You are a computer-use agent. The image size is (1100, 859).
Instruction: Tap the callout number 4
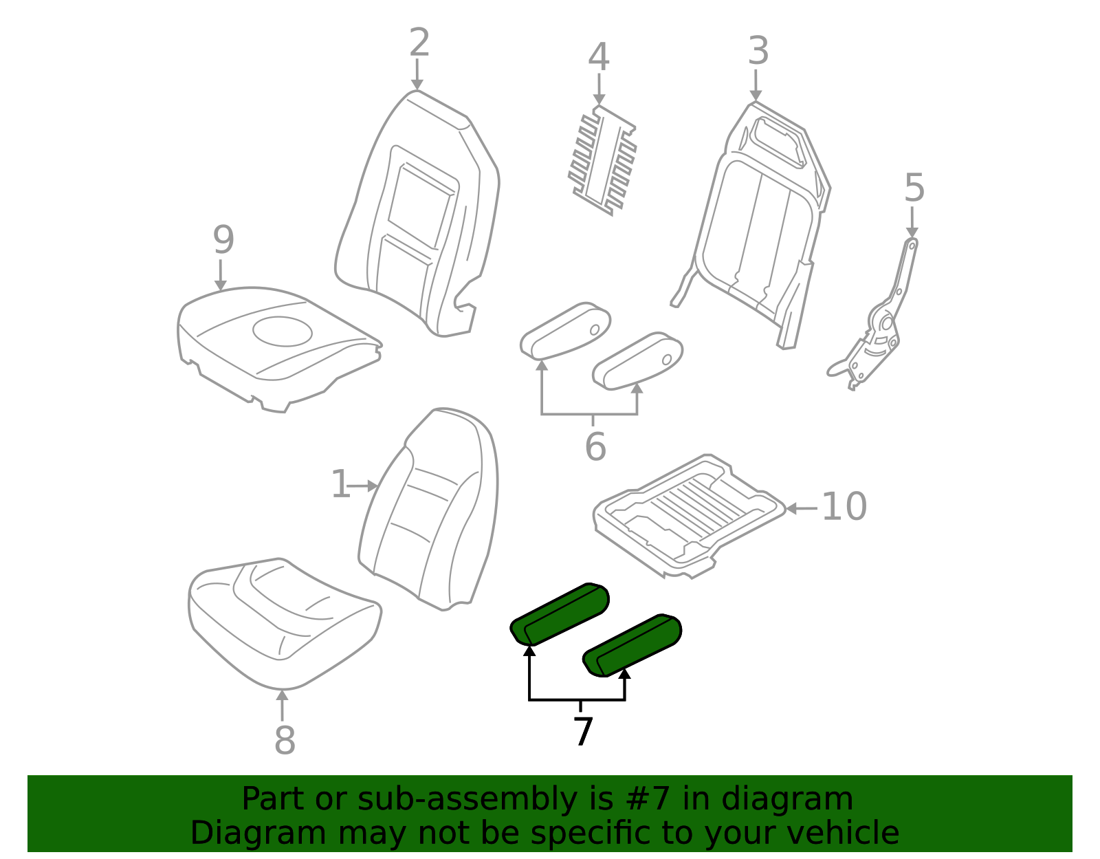pos(599,57)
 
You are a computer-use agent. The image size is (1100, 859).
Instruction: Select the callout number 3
pos(758,51)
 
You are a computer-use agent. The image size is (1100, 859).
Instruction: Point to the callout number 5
pos(914,188)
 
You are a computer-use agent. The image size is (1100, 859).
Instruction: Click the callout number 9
pos(223,240)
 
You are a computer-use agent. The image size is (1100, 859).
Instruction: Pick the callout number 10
pos(844,507)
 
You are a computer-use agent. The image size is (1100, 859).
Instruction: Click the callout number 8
pos(285,741)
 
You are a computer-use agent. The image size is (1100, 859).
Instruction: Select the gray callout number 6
pos(595,447)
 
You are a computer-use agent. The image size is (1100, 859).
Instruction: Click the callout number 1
pos(340,485)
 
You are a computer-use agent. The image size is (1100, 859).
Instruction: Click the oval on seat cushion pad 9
pos(282,331)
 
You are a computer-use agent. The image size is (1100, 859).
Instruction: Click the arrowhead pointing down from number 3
pos(756,96)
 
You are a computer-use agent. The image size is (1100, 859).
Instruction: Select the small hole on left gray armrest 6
pos(594,330)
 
